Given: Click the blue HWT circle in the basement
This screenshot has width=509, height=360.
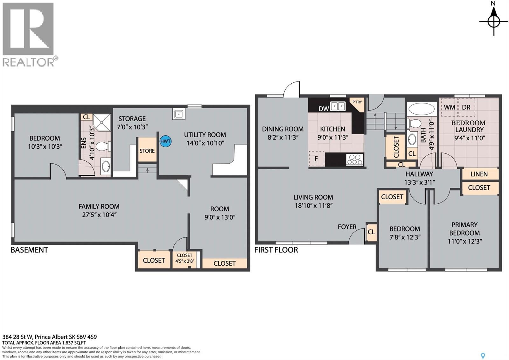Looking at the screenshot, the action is [165, 141].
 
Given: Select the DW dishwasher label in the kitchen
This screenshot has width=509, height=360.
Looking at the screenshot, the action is [324, 109].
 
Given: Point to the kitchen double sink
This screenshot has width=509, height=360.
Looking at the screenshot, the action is [338, 106].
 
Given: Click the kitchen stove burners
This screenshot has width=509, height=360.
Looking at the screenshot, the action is [354, 159].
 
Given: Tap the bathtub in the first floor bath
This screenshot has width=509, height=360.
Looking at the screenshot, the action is [421, 109].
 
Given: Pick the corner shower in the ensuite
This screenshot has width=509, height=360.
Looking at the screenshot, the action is [102, 122].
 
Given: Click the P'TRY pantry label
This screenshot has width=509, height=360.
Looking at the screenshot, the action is [357, 102].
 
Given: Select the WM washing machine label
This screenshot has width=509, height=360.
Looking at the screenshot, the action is [450, 107].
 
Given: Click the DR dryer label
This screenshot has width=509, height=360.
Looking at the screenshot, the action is [466, 107].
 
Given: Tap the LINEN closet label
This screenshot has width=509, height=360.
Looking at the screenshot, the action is [479, 174].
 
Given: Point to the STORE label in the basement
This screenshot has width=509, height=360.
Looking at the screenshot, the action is [147, 151].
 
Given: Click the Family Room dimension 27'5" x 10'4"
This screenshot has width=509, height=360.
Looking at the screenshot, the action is [99, 215].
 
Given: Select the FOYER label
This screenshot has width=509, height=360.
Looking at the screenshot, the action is [347, 227].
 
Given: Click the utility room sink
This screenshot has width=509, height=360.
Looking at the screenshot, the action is [178, 114].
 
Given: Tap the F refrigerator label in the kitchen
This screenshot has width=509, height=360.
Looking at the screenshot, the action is [316, 159].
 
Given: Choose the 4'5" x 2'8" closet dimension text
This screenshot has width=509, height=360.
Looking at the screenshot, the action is [185, 261].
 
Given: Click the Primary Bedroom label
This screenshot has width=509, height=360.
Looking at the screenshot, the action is [464, 229].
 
